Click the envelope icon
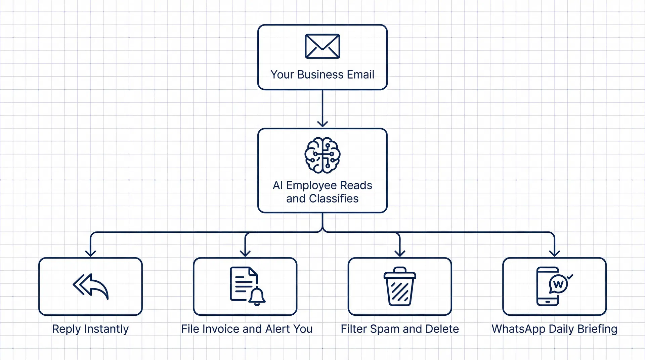coord(322,46)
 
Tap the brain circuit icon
coord(322,155)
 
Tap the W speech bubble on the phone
coord(558,284)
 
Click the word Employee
coord(311,185)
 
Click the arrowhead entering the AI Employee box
coord(322,124)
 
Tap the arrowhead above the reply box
coord(91,253)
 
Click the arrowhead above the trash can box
coord(400,253)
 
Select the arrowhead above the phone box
coord(554,253)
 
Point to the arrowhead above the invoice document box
coord(245,253)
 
